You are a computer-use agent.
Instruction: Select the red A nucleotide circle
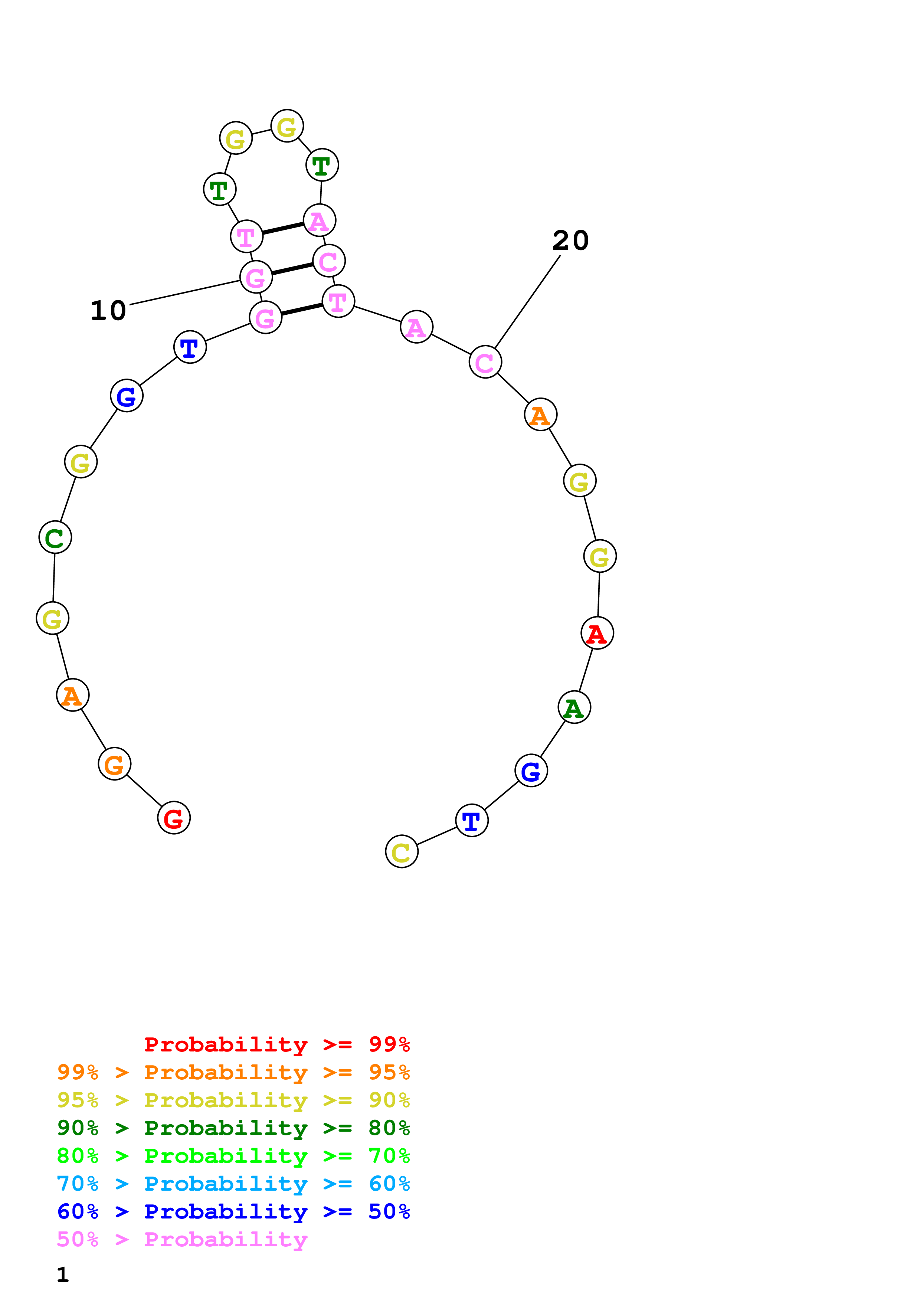coord(597,633)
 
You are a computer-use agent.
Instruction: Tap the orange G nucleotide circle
coord(115,764)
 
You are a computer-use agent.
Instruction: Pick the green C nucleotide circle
coord(55,537)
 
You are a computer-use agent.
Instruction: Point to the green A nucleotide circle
coord(574,707)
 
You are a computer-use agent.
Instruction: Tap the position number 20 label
coord(570,241)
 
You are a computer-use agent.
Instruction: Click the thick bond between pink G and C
coord(292,269)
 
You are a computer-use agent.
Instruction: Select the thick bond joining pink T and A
coord(283,228)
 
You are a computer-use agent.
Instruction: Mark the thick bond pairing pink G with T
coord(302,309)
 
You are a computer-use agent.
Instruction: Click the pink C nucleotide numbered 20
coord(485,362)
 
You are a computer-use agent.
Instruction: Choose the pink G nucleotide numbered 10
coord(256,277)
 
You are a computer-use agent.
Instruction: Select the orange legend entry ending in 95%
coord(233,1072)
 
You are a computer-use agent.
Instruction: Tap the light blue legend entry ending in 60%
coord(233,1184)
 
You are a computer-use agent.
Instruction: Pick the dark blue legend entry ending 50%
coord(233,1211)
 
